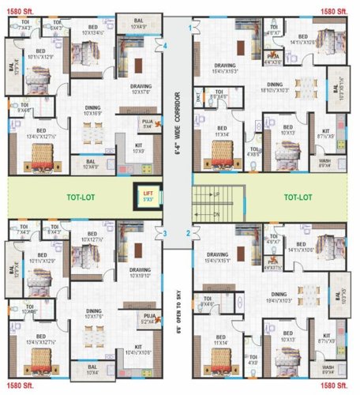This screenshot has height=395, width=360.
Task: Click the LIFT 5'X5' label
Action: tap(147, 196)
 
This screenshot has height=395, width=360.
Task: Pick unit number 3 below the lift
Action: tap(165, 233)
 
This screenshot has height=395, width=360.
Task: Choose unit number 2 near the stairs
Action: tap(188, 233)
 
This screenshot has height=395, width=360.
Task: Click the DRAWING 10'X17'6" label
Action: tap(141, 88)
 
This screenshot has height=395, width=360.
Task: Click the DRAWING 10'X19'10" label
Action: tap(140, 273)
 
